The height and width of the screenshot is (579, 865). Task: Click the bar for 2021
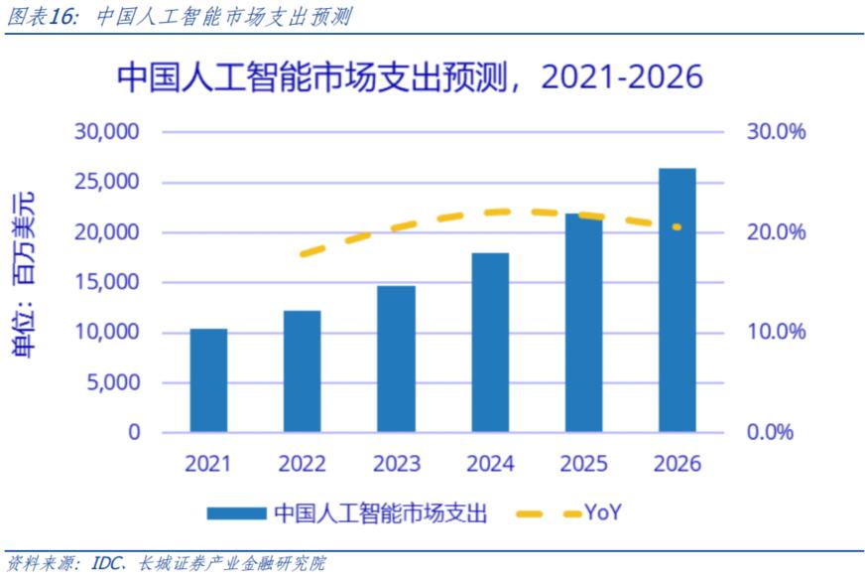point(208,380)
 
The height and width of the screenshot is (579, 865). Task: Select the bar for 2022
point(302,371)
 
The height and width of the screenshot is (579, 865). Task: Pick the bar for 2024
point(490,343)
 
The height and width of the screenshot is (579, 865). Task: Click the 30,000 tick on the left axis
point(108,132)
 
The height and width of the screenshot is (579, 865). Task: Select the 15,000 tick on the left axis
point(108,282)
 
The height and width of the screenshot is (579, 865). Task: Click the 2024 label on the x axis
point(490,464)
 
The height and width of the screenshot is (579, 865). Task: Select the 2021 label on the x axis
point(208,464)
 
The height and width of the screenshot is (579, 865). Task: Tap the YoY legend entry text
point(602,512)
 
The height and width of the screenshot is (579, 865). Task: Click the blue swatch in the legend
point(237,513)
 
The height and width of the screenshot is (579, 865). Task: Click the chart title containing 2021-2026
point(410,77)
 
